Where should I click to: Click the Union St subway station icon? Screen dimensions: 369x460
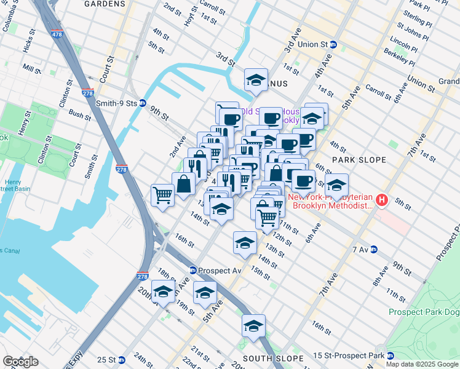tap(333, 44)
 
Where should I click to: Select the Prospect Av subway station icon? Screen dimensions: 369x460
tap(192, 270)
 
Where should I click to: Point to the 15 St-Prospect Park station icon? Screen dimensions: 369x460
tap(389, 355)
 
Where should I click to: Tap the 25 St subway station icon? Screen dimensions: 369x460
tap(121, 360)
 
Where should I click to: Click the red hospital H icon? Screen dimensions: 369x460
tap(382, 200)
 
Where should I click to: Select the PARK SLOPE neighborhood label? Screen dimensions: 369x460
tap(359, 160)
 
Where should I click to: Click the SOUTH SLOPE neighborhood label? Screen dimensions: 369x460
tap(273, 358)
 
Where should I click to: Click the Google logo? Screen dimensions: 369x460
tap(20, 362)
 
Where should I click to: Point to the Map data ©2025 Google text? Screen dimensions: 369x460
tap(422, 364)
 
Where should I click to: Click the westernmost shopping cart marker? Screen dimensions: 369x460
tap(162, 196)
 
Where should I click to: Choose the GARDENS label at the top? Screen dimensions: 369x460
tap(105, 4)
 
